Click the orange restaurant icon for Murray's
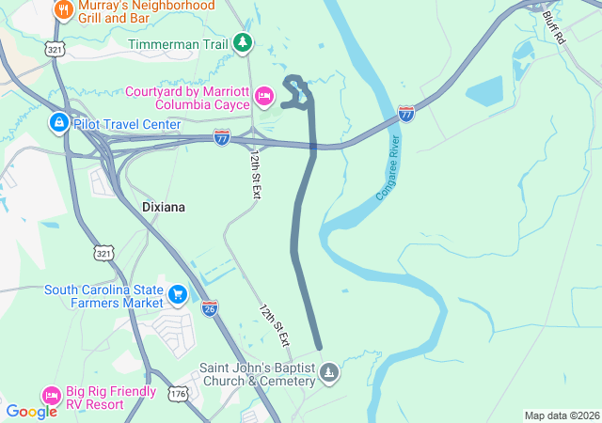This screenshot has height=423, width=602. (64, 9)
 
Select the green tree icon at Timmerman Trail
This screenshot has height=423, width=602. (244, 42)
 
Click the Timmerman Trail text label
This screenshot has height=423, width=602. (179, 43)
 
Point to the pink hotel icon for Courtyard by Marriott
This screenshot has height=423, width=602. (264, 95)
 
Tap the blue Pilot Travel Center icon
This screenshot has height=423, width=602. (58, 123)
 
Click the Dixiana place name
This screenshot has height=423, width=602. (166, 206)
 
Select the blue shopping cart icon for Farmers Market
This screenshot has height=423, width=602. (176, 295)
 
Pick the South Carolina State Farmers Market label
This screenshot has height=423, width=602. (103, 295)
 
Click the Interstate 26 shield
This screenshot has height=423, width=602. (210, 307)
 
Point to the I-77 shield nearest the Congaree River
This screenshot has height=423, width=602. (406, 113)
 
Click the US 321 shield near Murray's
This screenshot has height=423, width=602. (56, 48)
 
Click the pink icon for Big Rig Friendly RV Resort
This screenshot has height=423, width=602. (51, 397)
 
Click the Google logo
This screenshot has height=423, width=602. (31, 411)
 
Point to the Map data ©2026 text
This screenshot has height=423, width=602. (561, 415)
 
